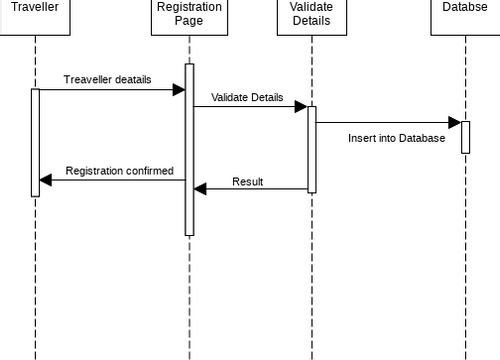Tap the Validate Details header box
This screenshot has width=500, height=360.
(311, 15)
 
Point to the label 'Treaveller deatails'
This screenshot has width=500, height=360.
(108, 79)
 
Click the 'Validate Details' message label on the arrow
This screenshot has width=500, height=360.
(247, 98)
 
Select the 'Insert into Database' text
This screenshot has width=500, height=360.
(396, 139)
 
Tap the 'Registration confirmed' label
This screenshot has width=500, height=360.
(119, 171)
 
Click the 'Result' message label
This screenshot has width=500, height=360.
(248, 181)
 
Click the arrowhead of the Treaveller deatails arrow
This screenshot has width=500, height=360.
(179, 90)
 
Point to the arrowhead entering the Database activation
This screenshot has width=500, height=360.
(455, 123)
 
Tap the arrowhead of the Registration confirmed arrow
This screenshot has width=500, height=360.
(45, 181)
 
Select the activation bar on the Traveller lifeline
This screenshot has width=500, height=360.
(35, 142)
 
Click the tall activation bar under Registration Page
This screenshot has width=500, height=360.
(189, 150)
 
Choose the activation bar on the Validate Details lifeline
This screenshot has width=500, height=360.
(312, 149)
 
